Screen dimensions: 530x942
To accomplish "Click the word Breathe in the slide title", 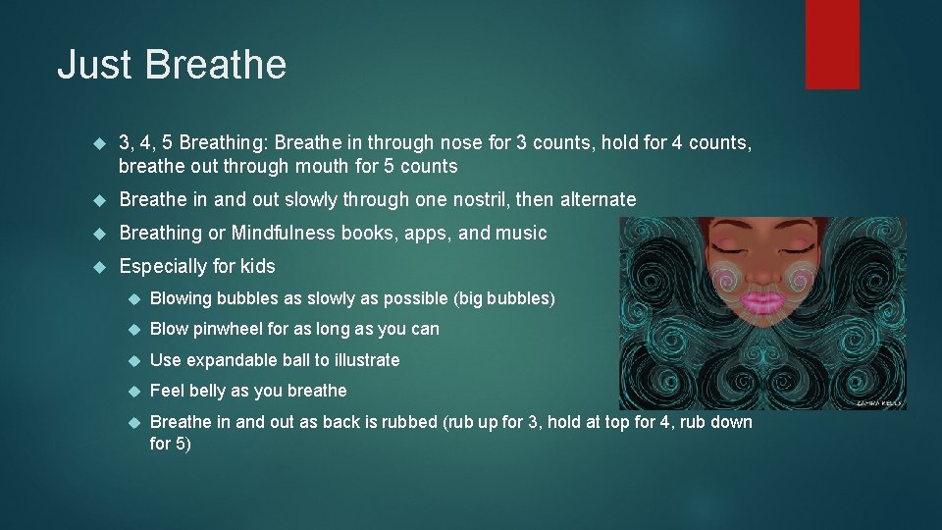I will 215,65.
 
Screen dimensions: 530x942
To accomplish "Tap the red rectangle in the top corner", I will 832,44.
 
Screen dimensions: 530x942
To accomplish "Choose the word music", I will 523,233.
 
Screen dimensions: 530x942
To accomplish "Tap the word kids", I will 255,266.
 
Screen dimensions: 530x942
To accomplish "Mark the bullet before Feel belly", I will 134,392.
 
